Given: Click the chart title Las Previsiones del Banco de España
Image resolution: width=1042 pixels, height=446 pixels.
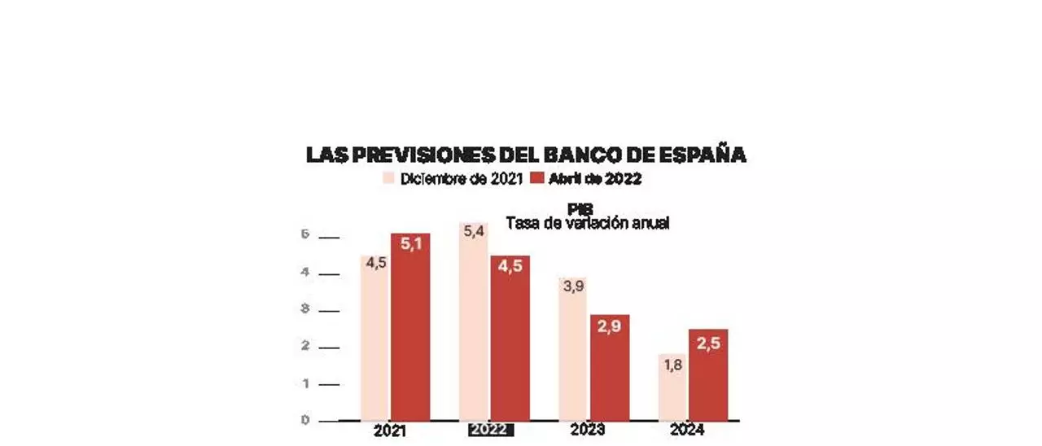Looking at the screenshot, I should coord(526,155).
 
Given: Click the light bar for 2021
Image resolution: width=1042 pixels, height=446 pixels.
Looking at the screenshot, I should coord(375,342).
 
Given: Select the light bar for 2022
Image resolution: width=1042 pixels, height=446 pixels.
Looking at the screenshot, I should coord(474,326).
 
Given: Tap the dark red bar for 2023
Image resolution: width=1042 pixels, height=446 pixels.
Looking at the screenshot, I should coord(610,370).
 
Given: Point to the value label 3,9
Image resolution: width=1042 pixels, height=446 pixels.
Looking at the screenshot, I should coord(573,287).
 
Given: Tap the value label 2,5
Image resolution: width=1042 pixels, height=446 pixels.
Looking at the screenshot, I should coord(708,343).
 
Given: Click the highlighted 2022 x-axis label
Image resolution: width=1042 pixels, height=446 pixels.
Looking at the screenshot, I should coord(491,431).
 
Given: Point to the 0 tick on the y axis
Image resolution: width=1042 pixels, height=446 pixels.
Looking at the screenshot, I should coord(305,420).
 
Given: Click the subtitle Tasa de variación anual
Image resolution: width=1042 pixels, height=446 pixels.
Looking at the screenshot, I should coord(587,223).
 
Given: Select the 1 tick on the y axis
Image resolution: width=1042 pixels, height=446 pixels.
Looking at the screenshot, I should coord(305,383).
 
